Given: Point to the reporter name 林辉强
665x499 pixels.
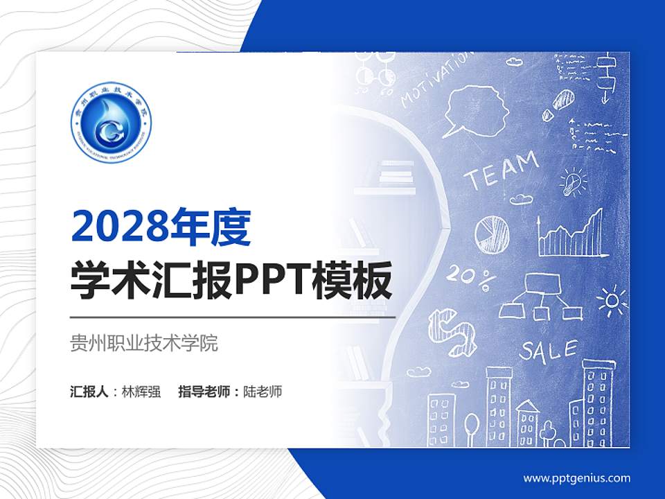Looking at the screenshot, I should coord(141,392).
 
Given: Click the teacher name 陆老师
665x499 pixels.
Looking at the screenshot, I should coord(263,392).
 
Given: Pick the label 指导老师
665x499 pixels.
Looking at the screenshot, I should coord(204,392).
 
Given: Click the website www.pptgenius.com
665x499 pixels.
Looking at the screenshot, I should coord(577,478).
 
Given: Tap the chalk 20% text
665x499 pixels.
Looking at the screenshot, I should coord(471,275).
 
